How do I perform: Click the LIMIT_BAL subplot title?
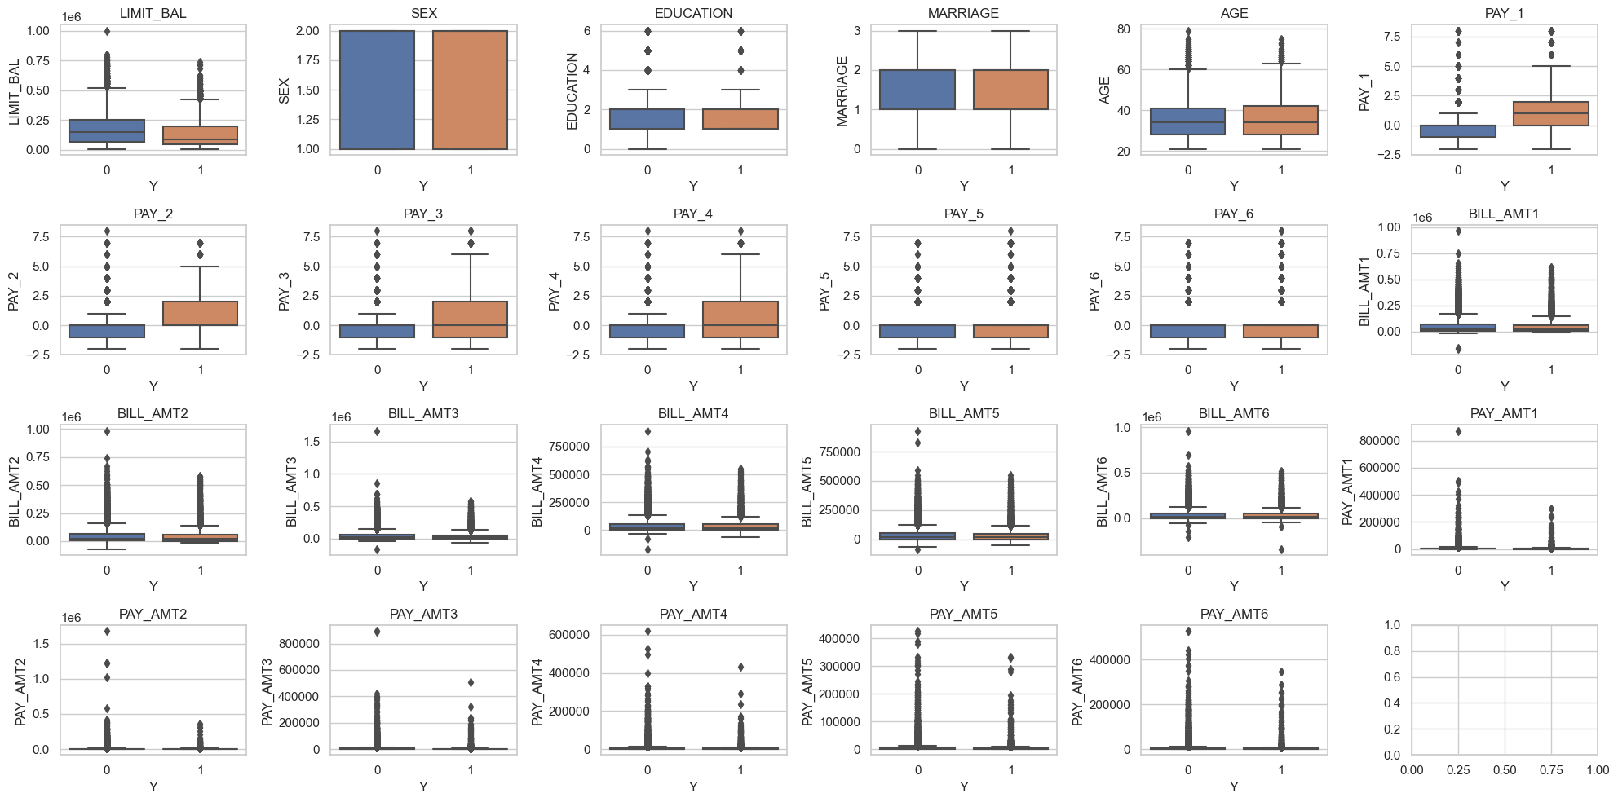point(153,13)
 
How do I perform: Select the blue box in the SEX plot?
point(377,90)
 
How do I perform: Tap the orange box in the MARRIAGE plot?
point(1010,90)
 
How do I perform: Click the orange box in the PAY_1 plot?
point(1551,113)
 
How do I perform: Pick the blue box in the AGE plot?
point(1187,121)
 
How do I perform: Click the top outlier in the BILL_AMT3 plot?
point(377,432)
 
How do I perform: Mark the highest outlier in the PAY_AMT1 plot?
point(1458,432)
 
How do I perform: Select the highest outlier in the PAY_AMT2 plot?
point(107,631)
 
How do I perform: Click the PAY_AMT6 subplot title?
point(1234,614)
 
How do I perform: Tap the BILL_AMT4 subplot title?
point(693,413)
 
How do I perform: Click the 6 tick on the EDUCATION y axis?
point(586,31)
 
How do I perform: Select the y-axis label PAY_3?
point(284,291)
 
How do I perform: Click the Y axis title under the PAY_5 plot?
point(964,386)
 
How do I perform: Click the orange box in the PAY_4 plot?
point(740,319)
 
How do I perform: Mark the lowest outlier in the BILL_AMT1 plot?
point(1458,349)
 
